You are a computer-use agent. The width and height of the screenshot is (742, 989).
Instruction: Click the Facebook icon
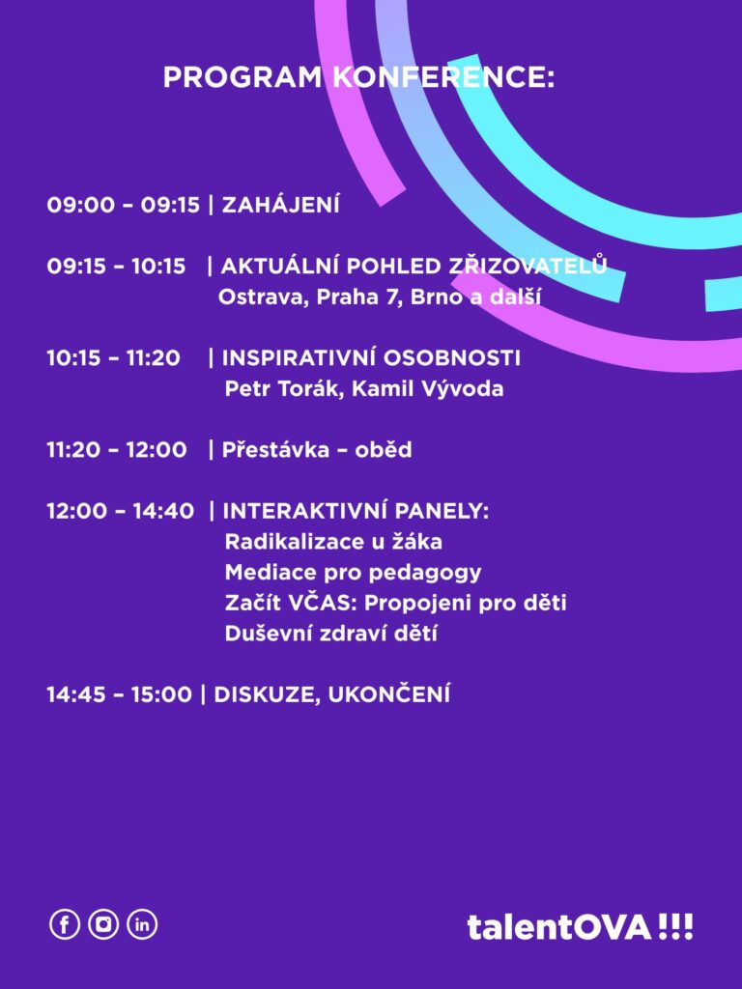(x=65, y=924)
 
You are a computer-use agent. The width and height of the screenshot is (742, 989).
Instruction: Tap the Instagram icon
(x=103, y=924)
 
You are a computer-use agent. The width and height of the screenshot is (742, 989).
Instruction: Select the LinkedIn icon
(x=142, y=924)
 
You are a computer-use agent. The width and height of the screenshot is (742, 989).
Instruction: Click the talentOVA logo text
(x=580, y=927)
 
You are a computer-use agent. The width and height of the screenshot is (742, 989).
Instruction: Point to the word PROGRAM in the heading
(x=243, y=77)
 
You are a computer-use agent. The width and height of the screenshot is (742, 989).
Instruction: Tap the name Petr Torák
(x=284, y=388)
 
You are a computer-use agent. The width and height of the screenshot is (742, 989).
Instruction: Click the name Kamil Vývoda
(x=428, y=387)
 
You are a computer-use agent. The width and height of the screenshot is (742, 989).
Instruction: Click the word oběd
(x=384, y=449)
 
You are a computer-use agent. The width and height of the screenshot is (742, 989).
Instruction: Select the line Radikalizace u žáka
(x=333, y=541)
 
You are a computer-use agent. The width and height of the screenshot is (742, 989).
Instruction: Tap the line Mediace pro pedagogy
(x=353, y=573)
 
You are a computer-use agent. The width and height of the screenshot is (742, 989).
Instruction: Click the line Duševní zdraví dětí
(x=330, y=633)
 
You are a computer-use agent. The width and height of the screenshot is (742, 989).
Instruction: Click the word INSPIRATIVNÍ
(x=300, y=357)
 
